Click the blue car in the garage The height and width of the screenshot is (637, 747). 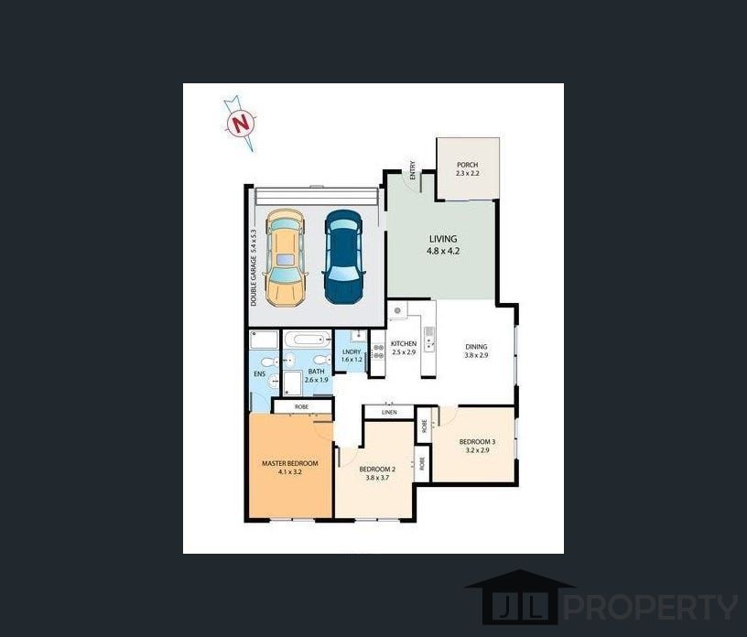[x=344, y=257]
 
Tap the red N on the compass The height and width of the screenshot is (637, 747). [x=240, y=124]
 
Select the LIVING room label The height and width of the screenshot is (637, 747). [x=443, y=239]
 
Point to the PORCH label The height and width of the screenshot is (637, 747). [x=468, y=165]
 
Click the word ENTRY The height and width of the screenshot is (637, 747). [x=413, y=170]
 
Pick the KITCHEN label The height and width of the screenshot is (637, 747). [x=404, y=343]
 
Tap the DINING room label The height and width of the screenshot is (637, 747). [x=476, y=347]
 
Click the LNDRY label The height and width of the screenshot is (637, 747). [x=352, y=352]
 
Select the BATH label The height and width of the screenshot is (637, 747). [x=317, y=372]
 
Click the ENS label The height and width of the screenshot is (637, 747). [x=260, y=374]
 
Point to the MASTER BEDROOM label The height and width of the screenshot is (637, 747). [x=290, y=463]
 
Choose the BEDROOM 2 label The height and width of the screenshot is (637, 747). [x=377, y=470]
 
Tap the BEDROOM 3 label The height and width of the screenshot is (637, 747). [x=477, y=442]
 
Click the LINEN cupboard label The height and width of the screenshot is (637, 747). [x=389, y=412]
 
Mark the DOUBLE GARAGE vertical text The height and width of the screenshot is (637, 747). [x=254, y=267]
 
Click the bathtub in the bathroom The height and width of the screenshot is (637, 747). [x=308, y=340]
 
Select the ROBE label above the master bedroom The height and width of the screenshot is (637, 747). [x=301, y=407]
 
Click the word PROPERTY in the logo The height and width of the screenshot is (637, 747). [x=651, y=607]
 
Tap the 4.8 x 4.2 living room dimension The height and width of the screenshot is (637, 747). [x=443, y=251]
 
